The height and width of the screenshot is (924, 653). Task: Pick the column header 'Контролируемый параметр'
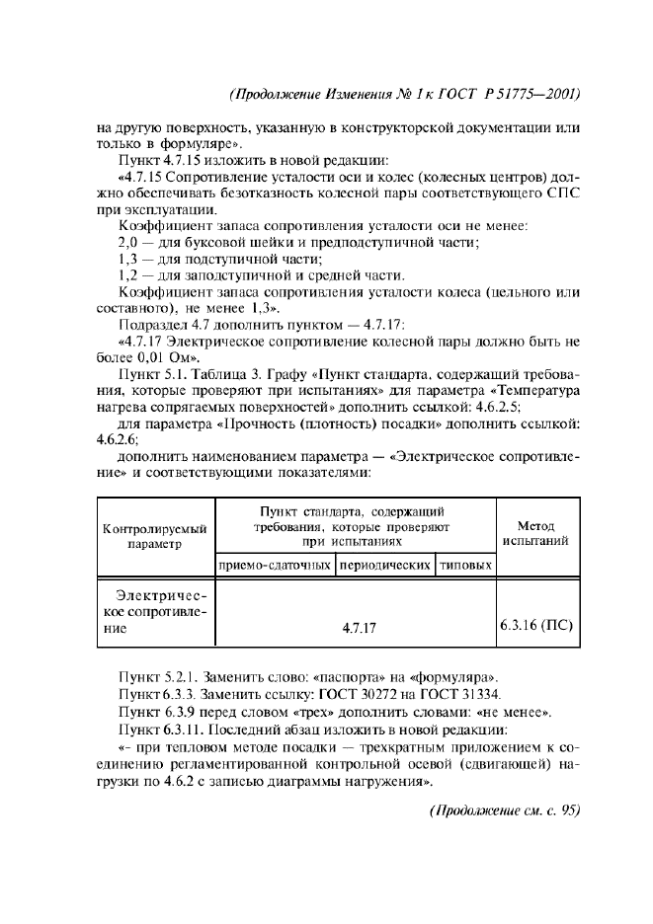point(155,537)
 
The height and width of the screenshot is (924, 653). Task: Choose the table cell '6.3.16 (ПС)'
point(534,626)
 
